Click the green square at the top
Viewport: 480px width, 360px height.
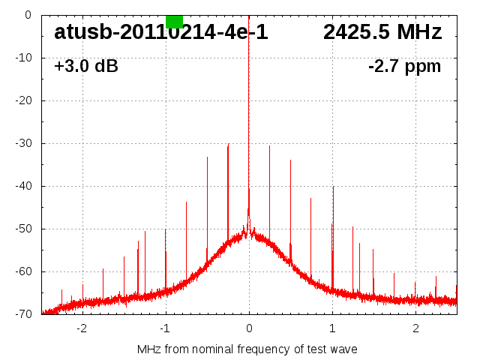(174, 21)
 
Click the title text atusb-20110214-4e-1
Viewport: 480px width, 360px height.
(160, 32)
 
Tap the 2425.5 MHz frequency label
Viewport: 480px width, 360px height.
(382, 32)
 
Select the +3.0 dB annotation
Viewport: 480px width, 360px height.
(85, 66)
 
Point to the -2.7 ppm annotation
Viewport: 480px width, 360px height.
(404, 66)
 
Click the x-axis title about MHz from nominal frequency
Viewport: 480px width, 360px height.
(247, 349)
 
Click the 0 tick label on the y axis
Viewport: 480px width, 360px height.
(27, 15)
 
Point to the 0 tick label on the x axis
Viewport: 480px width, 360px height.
(249, 328)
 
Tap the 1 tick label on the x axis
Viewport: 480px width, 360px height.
(332, 328)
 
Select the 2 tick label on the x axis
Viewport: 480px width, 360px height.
(415, 328)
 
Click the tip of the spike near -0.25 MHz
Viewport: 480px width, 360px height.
(228, 144)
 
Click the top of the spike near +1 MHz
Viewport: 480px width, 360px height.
(333, 186)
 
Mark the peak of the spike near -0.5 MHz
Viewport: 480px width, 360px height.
(207, 157)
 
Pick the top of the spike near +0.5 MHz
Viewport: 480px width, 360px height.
(290, 160)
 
